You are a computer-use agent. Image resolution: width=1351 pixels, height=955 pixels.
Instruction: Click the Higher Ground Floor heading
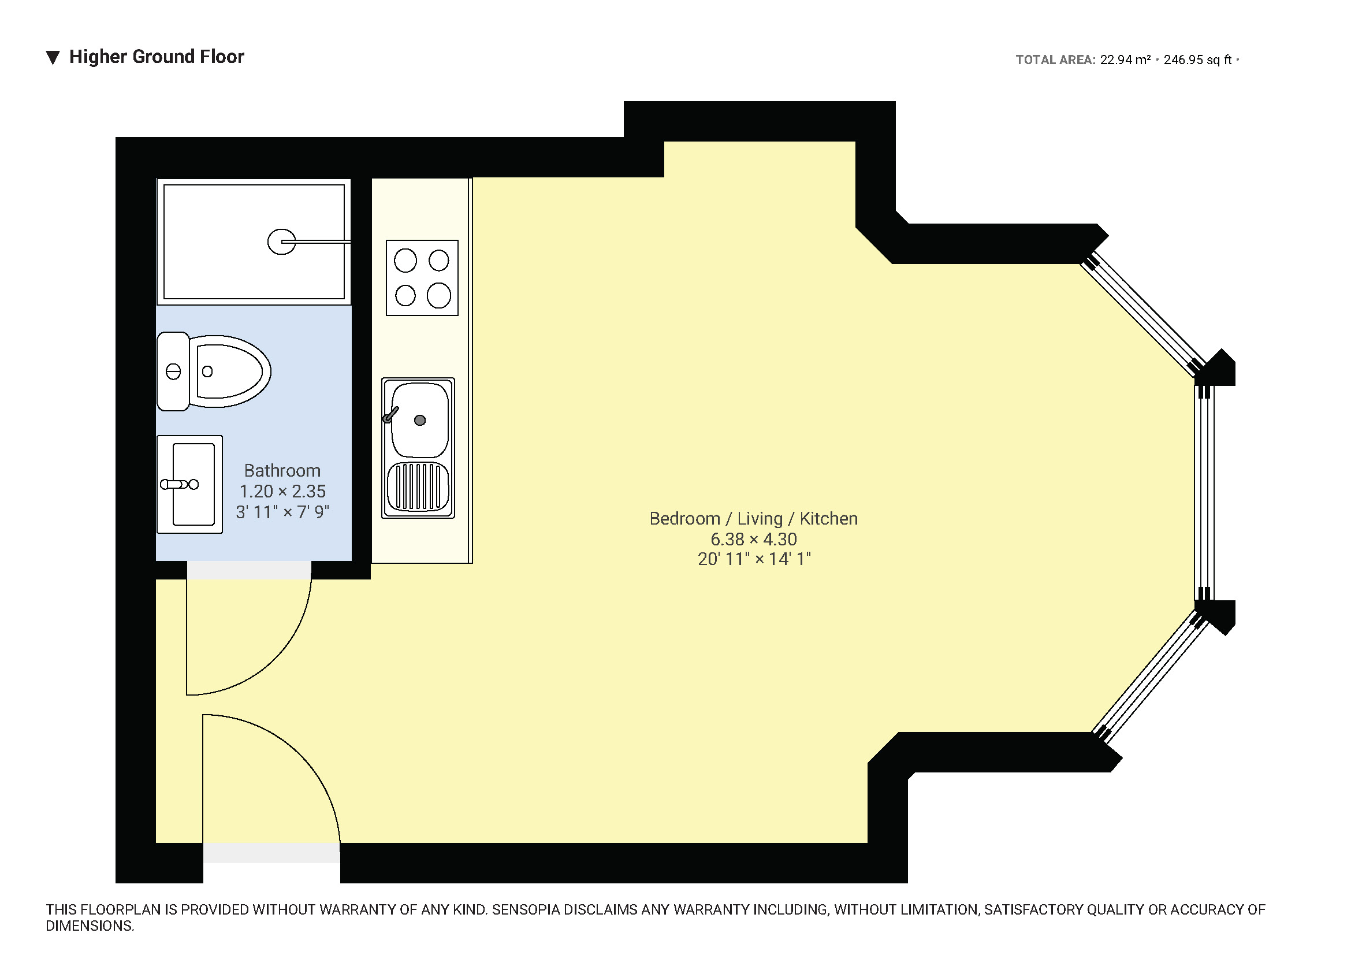coord(156,57)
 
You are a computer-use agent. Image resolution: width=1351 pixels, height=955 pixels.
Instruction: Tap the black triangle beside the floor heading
coord(53,58)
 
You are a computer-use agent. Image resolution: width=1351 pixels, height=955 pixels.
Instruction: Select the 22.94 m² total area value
coord(1125,60)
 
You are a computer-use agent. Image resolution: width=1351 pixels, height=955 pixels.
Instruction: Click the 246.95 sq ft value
coord(1197,60)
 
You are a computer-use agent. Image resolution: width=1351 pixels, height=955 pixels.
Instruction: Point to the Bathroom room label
coord(282,471)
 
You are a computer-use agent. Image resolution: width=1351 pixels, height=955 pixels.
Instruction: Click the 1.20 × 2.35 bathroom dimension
coord(282,491)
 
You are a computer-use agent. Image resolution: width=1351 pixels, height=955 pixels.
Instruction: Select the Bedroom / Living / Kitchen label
coord(753,519)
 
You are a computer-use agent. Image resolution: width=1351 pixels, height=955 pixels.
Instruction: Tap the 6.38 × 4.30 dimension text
coord(753,539)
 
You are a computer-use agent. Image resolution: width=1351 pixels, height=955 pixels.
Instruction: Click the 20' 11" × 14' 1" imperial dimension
coord(754,559)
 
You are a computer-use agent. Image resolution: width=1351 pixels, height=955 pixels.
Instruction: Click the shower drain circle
coord(281,242)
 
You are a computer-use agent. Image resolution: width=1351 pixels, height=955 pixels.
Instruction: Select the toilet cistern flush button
coord(173,372)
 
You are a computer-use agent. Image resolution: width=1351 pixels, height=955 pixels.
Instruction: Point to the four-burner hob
coord(422,278)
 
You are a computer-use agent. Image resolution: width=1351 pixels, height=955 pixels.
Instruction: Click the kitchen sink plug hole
coord(419,420)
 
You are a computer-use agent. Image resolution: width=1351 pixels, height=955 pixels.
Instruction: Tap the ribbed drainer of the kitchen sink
coord(418,486)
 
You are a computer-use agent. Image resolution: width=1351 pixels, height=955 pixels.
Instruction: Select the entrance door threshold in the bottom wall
coord(271,853)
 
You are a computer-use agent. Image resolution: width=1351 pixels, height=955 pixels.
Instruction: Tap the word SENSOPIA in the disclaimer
coord(525,910)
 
